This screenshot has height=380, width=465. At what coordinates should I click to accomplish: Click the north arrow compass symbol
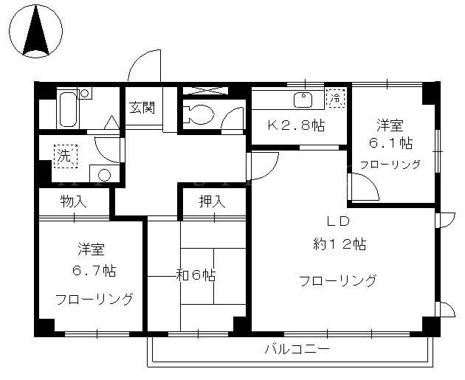click(36, 31)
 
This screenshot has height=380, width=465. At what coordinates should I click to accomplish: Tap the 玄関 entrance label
click(142, 107)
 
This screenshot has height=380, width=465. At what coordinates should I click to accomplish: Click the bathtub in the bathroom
click(69, 108)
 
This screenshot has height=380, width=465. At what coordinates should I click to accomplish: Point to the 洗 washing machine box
click(66, 156)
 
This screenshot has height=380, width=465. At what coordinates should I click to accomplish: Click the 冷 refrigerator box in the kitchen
click(336, 97)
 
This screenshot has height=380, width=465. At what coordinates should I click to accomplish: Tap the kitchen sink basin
click(303, 100)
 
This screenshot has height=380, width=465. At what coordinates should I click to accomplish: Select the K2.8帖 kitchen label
click(296, 125)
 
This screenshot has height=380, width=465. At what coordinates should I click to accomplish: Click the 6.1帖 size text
click(390, 143)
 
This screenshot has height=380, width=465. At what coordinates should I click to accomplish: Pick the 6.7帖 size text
click(94, 270)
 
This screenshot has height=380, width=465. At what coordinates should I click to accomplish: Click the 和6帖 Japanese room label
click(196, 275)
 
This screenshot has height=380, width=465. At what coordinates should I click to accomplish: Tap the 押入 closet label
click(212, 202)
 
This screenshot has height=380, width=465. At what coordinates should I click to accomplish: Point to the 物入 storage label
click(73, 201)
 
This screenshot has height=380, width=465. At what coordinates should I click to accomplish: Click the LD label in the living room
click(338, 221)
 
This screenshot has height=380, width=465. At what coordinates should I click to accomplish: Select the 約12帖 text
click(340, 244)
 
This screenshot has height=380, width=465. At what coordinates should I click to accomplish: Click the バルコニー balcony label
click(297, 349)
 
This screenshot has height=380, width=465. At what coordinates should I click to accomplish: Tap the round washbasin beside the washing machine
click(104, 175)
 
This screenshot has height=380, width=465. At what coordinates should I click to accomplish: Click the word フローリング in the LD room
click(338, 280)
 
